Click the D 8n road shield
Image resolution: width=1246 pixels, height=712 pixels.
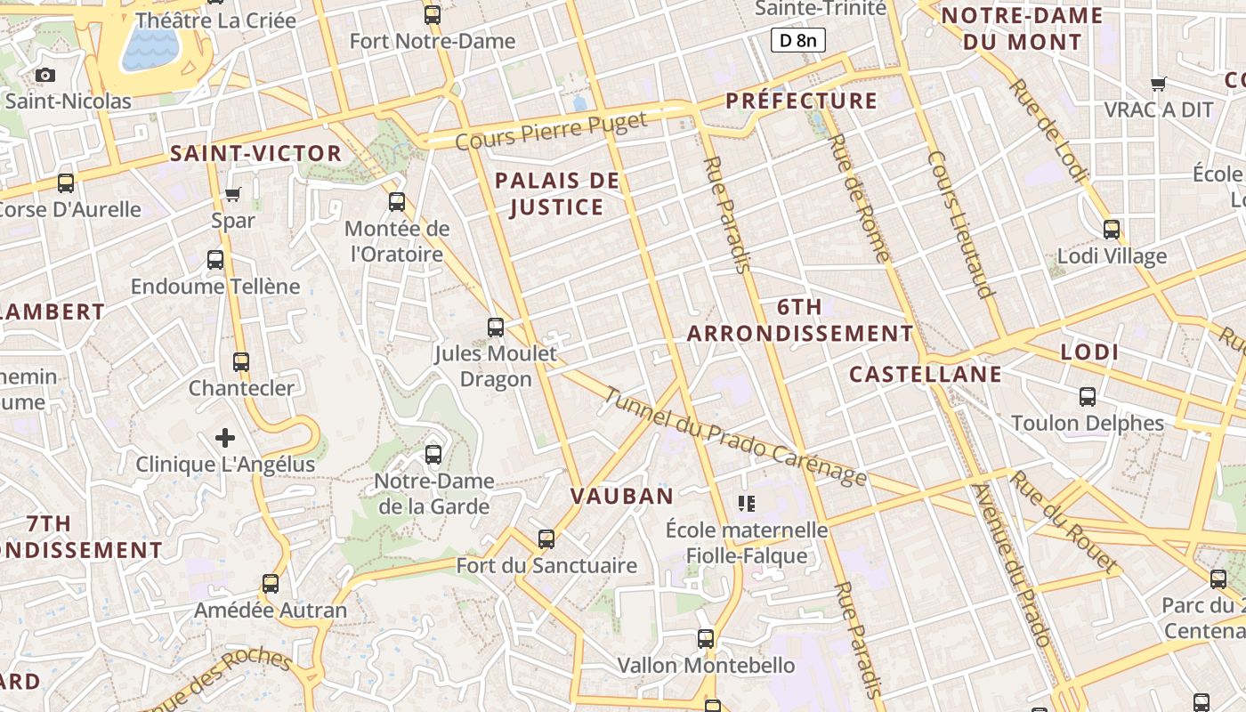click(x=797, y=40)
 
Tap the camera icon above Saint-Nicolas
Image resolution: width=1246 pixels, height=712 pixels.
click(x=45, y=76)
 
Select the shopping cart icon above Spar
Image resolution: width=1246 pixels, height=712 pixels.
click(x=233, y=194)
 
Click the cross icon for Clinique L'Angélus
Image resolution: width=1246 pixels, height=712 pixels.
click(x=225, y=437)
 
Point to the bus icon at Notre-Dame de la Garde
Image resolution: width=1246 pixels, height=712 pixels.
click(x=433, y=454)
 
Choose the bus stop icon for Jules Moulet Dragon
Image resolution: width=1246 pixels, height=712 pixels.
click(x=496, y=327)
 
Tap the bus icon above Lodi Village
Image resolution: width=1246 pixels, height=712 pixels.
click(x=1112, y=230)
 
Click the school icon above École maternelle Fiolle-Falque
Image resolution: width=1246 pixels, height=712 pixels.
click(x=747, y=504)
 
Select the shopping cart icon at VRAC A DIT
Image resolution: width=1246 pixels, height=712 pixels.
click(x=1159, y=84)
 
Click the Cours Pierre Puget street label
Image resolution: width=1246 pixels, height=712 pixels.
click(x=551, y=131)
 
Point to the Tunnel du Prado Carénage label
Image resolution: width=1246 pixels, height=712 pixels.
click(x=734, y=437)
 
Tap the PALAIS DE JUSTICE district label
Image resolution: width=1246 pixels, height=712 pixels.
click(x=557, y=194)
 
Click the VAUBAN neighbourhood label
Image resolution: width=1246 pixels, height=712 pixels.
click(x=622, y=497)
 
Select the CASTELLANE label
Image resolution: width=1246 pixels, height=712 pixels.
click(x=926, y=375)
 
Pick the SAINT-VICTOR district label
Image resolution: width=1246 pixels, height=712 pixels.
click(x=256, y=154)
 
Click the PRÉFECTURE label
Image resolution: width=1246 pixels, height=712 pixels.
click(x=802, y=101)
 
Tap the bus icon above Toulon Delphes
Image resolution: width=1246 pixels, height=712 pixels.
click(x=1088, y=396)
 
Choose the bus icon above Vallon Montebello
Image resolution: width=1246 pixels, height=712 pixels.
click(x=706, y=638)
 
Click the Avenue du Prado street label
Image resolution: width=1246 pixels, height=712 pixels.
click(x=1011, y=566)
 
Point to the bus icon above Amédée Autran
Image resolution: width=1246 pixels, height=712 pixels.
click(x=271, y=584)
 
